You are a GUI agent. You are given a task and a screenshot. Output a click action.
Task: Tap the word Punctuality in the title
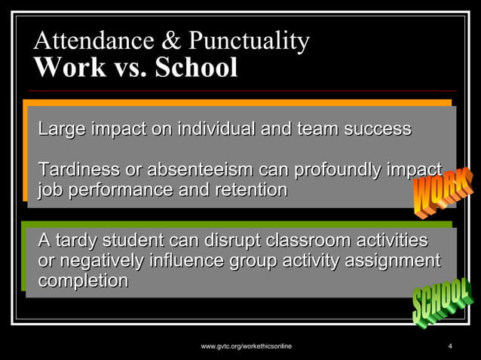coord(248,41)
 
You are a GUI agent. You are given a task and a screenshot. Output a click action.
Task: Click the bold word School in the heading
coord(196,68)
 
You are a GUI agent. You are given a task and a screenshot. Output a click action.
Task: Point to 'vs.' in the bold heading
coord(130,68)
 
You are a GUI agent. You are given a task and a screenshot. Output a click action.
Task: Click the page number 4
coord(449,346)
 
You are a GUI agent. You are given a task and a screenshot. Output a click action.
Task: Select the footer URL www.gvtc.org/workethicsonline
coord(247,346)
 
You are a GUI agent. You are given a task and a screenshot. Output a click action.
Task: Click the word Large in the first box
coord(61,129)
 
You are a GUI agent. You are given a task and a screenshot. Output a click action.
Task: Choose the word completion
coord(82,281)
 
